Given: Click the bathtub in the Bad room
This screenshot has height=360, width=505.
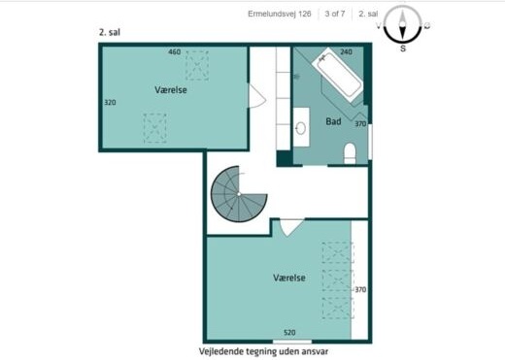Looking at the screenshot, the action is [x=337, y=75].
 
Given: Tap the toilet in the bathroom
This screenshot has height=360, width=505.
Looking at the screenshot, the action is [x=350, y=153].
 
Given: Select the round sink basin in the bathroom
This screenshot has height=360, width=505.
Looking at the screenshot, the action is [x=301, y=128].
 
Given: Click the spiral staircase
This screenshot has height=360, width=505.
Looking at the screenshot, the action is [x=239, y=194].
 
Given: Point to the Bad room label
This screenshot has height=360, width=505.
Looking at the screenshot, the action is [x=333, y=121].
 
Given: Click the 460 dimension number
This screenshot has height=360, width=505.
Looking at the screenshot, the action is [x=175, y=51].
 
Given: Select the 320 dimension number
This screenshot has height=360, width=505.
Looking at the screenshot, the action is [x=110, y=103].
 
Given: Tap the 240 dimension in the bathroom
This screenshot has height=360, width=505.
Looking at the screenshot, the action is [x=346, y=51].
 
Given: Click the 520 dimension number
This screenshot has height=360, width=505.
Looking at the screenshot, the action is [x=289, y=333].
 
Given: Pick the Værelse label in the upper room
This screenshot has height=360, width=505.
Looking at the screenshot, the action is [x=171, y=89].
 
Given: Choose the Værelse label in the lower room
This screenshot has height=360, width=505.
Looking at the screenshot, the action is [x=289, y=278].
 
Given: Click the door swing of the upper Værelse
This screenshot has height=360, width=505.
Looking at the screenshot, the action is [x=257, y=96].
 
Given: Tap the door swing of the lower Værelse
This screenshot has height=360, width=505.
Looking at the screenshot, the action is [x=292, y=228].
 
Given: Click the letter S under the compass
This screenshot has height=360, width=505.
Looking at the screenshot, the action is [x=403, y=49].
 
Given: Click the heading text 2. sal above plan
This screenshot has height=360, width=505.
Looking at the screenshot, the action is [x=110, y=32].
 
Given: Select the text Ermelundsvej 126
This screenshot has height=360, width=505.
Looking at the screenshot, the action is [x=280, y=14].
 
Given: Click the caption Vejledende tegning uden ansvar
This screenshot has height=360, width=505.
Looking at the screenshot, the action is [x=263, y=351].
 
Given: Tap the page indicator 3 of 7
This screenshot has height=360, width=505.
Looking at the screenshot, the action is [x=335, y=14].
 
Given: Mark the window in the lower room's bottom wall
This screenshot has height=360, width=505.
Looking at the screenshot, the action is [x=292, y=342].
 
